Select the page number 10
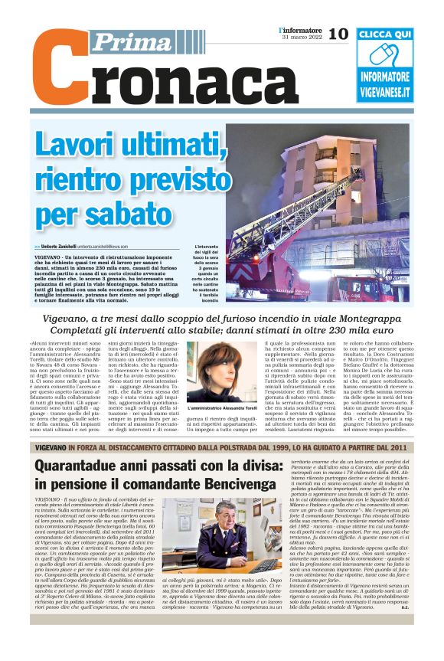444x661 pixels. point(338,34)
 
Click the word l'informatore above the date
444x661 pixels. point(300,29)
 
